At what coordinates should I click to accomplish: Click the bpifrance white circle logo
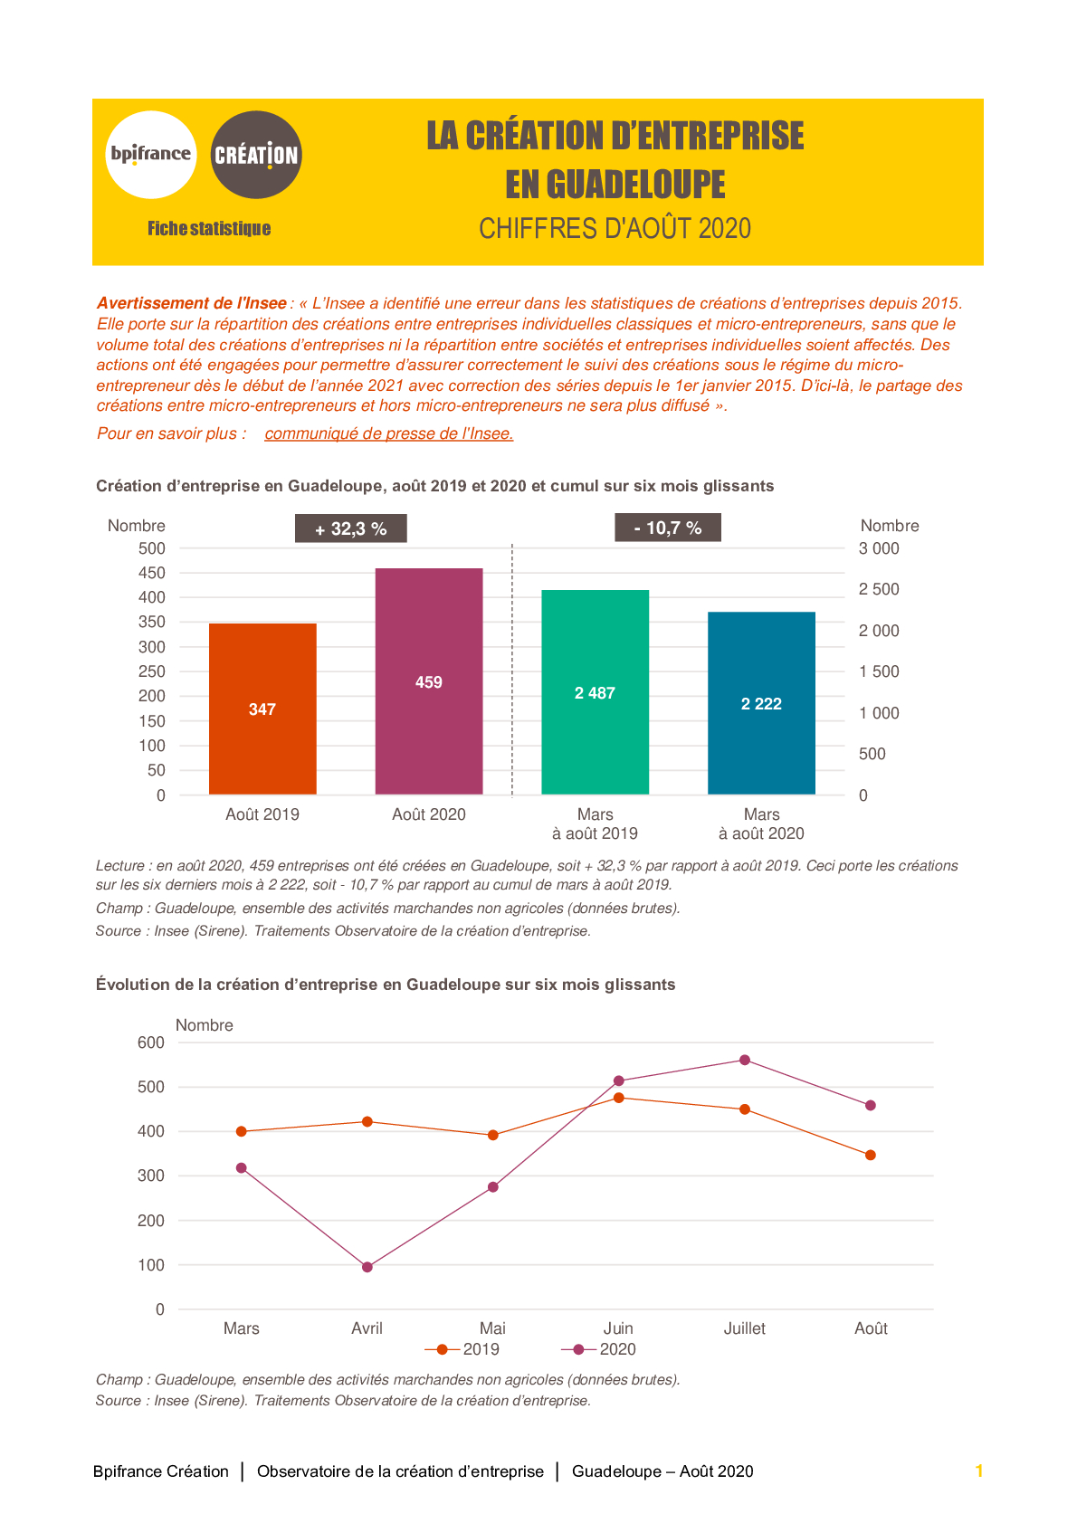[151, 155]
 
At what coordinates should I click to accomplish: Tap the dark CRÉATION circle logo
[255, 155]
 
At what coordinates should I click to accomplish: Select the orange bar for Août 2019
[262, 709]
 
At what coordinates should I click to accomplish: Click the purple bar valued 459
[429, 681]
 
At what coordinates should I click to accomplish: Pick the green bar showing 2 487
[595, 692]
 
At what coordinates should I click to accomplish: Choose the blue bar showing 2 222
[761, 703]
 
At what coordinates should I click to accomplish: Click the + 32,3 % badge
[351, 528]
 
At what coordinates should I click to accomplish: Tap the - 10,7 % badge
[668, 528]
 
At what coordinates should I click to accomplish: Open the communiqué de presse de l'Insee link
[389, 433]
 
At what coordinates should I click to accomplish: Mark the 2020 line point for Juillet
[745, 1060]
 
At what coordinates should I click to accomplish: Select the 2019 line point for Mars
[242, 1131]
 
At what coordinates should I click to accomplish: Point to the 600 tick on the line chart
[151, 1042]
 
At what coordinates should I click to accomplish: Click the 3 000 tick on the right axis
[879, 548]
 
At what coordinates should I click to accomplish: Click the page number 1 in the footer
[979, 1471]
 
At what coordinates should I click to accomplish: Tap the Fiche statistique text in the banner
[209, 228]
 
